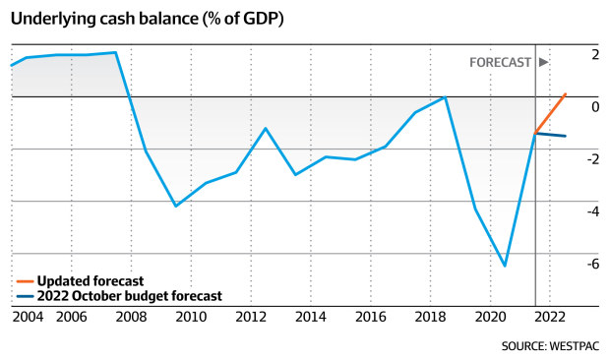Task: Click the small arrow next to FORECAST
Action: tap(543, 61)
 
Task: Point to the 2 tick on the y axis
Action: tap(594, 54)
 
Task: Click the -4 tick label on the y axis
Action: tap(591, 210)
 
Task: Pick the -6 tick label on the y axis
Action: tap(591, 263)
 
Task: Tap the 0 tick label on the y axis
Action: tap(594, 106)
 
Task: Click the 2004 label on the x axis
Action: tap(27, 317)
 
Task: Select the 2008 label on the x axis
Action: tap(131, 317)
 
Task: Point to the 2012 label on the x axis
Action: tap(251, 317)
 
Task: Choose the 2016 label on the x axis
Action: tap(370, 317)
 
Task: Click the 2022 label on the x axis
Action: tap(550, 317)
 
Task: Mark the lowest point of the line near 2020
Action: tap(505, 266)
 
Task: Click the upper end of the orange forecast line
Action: tap(566, 94)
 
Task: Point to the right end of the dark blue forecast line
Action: tap(565, 136)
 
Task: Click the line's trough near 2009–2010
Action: tap(176, 206)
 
